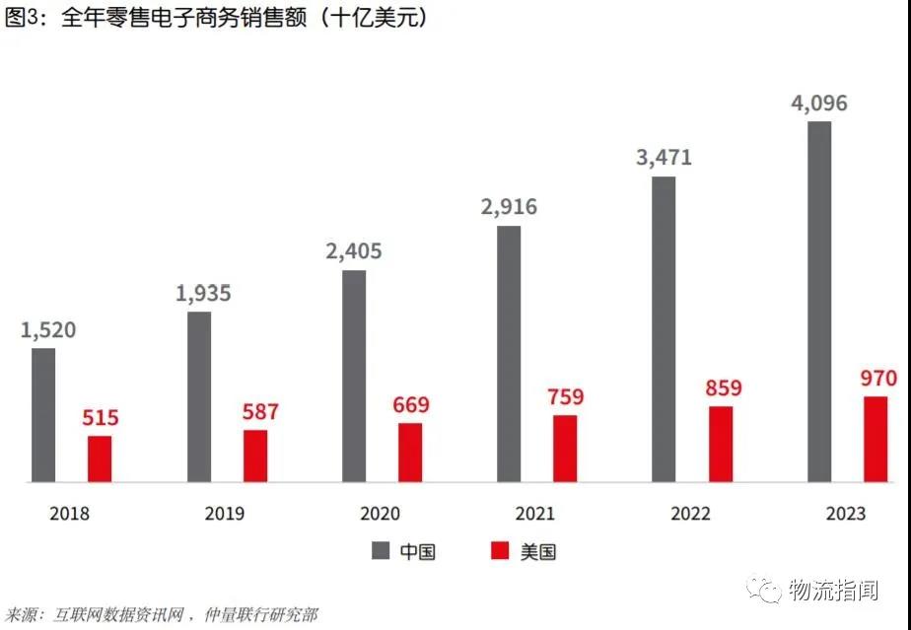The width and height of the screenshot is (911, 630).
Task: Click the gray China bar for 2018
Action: click(x=43, y=415)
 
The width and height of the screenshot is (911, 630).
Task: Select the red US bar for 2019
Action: click(x=255, y=455)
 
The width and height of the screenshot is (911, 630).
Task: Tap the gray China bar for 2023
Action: click(x=819, y=302)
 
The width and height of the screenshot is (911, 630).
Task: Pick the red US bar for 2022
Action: click(x=721, y=444)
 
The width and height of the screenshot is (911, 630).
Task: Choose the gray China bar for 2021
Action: click(x=509, y=354)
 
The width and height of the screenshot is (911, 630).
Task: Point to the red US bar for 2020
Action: click(x=410, y=453)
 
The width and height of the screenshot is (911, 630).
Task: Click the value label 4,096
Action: click(x=819, y=104)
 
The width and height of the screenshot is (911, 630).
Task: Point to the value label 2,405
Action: click(x=354, y=251)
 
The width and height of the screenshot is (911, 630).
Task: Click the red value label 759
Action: click(x=565, y=397)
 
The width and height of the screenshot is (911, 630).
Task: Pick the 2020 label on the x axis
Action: click(x=381, y=514)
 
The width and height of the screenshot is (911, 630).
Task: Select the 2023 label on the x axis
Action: click(x=846, y=514)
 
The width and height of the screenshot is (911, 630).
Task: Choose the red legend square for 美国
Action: click(x=500, y=551)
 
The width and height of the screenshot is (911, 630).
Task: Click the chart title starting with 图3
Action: click(x=217, y=19)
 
